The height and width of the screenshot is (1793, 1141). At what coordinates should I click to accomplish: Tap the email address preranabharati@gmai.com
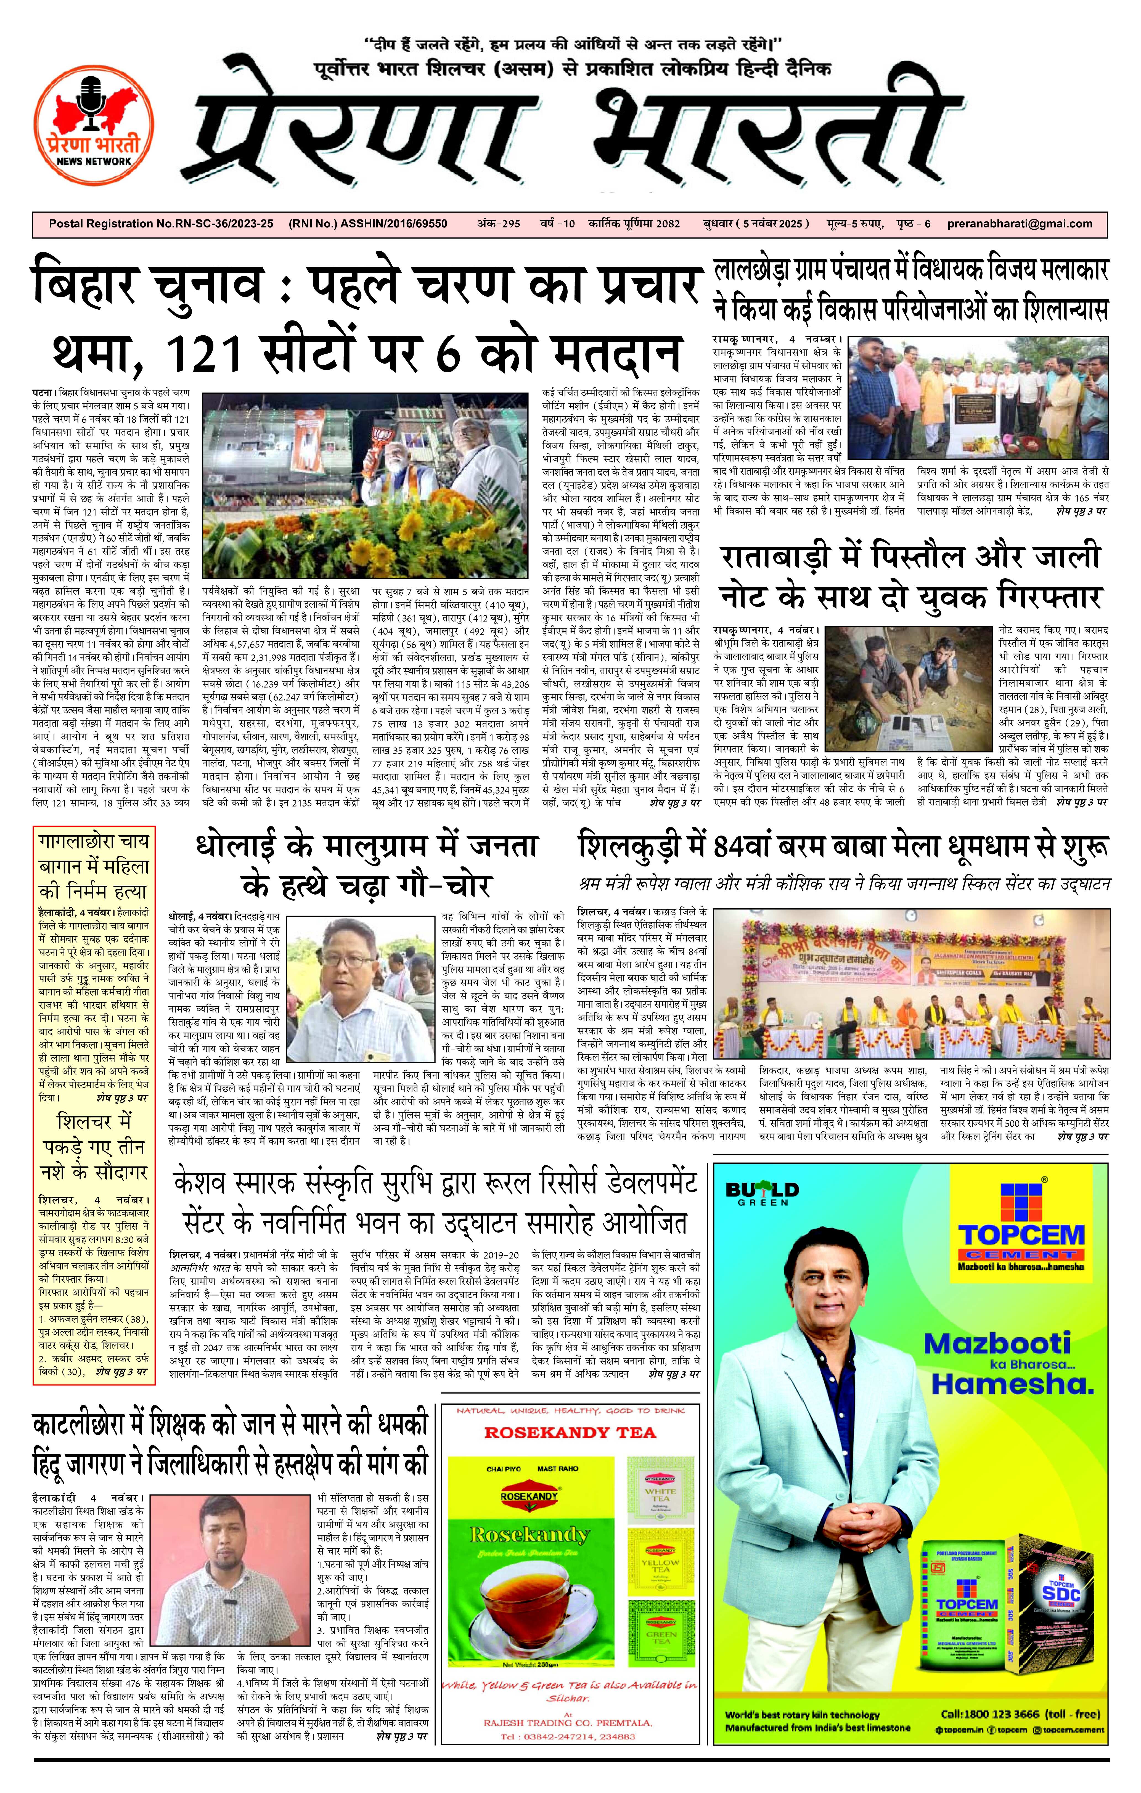coord(1020,223)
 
